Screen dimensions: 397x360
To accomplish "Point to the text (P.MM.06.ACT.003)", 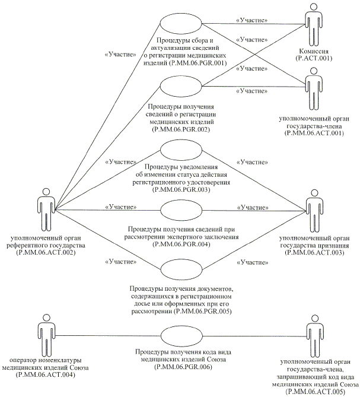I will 313,252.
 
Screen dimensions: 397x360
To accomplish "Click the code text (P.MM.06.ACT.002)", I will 46,252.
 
